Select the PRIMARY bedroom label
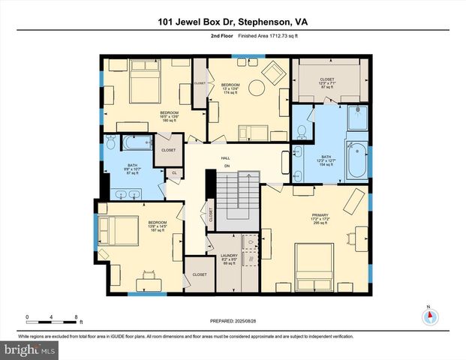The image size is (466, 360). (320, 218)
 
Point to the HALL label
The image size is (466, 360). (225, 159)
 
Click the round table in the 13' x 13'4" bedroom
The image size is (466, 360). (255, 86)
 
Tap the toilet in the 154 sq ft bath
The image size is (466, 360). (302, 132)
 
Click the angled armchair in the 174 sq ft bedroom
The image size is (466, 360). (272, 73)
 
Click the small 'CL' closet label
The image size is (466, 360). (174, 173)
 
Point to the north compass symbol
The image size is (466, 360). (428, 316)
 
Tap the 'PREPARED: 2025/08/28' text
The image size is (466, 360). (232, 321)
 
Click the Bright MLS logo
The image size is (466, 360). (30, 349)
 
